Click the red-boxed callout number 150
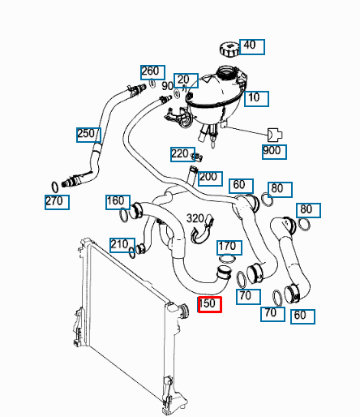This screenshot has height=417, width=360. coord(210,304)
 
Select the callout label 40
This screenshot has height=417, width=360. coord(252,47)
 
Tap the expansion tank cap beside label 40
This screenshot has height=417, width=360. coord(229,49)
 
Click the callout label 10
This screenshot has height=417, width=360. coord(256,99)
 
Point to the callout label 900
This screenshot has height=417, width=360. coord(274,152)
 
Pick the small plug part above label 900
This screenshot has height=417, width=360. coord(275,135)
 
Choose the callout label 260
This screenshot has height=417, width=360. coord(152,72)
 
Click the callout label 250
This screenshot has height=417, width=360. coord(88,135)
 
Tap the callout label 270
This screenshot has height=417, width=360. coord(57,202)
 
